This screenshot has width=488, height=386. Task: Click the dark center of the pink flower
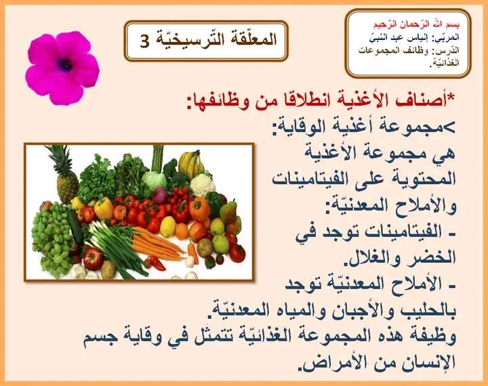65,65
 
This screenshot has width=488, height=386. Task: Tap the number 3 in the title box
145,41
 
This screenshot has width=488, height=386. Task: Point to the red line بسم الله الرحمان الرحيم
417,24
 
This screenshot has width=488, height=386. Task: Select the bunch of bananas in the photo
190,164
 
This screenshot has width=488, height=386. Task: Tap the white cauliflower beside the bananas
202,184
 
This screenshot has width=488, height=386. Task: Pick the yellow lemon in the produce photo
167,226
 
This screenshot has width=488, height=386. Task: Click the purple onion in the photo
160,195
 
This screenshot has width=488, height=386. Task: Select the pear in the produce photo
229,211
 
